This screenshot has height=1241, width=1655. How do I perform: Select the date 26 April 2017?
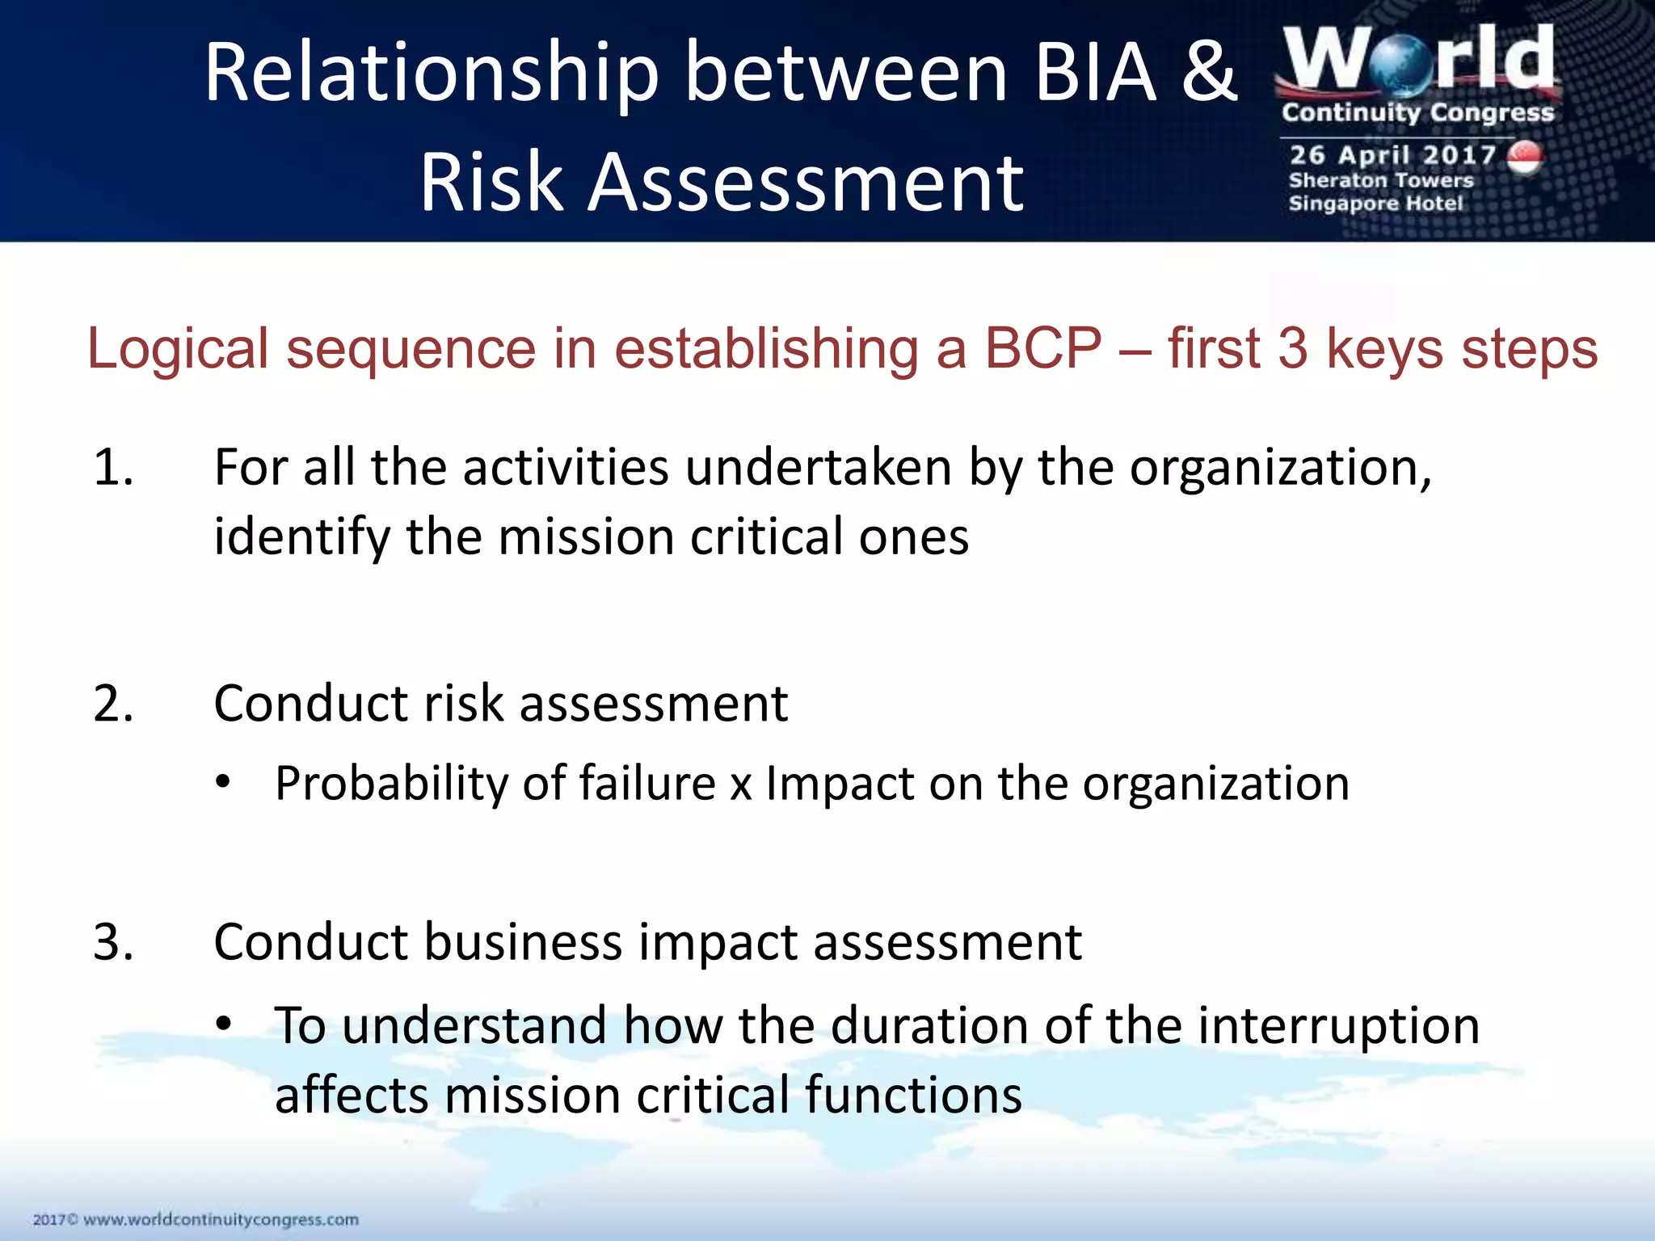click(x=1392, y=154)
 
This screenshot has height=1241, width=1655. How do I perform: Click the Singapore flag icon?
click(x=1525, y=158)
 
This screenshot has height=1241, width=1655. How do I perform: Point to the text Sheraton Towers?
click(x=1381, y=180)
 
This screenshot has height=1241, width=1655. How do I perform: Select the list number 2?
click(x=112, y=704)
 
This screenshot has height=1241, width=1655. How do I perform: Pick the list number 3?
click(x=112, y=942)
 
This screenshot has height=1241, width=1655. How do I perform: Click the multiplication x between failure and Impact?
click(x=741, y=786)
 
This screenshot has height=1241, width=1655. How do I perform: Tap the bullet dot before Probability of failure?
click(x=224, y=783)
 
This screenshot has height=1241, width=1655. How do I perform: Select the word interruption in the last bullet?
click(x=1338, y=1026)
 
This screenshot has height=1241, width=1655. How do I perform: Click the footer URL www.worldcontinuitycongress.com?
click(x=221, y=1219)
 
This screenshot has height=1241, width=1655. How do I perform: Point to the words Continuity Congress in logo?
click(x=1417, y=112)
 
